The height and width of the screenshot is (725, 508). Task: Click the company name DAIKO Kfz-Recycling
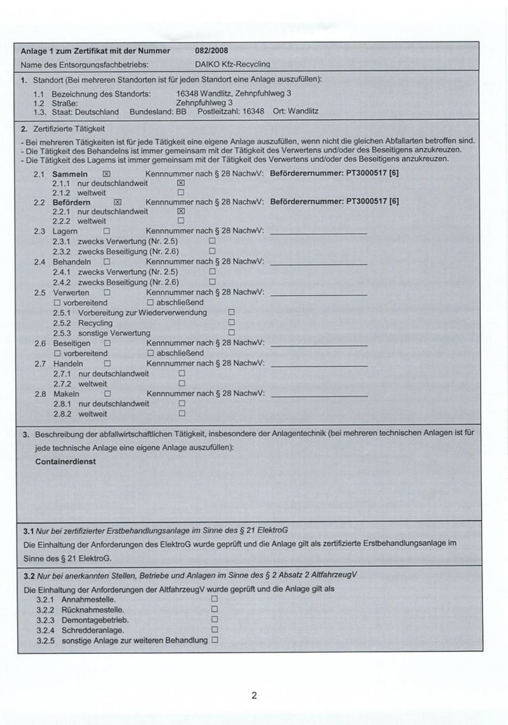tap(234, 65)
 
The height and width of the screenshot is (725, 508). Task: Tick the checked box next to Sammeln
tap(107, 173)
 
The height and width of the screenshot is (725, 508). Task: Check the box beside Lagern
tap(107, 232)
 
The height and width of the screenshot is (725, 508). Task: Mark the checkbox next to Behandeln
tap(107, 262)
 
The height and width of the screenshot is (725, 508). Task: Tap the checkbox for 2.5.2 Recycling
tap(231, 323)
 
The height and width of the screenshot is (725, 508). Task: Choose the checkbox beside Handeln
tap(107, 364)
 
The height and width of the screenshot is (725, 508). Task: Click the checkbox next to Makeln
tap(107, 394)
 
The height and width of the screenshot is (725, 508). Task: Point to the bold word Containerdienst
tap(66, 462)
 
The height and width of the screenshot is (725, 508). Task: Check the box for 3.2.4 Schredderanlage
tap(214, 630)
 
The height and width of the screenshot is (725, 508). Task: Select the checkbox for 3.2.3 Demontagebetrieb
tap(214, 620)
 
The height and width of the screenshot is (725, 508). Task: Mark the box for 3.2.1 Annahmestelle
tap(214, 599)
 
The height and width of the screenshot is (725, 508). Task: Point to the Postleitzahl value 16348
tap(254, 111)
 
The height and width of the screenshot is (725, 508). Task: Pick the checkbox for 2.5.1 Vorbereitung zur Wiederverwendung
tap(231, 312)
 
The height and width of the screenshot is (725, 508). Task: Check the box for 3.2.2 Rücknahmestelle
tap(214, 609)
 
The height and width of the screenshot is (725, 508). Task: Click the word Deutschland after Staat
tap(97, 111)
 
